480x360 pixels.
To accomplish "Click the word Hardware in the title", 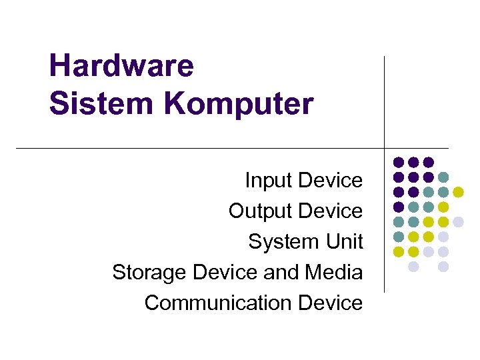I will coord(121,66).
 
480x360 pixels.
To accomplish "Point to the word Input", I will coord(269,180).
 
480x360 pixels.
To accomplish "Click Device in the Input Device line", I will coord(331,180).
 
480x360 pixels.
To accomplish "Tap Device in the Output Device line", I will coord(331,211).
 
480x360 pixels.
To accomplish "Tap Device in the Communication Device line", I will coord(331,303).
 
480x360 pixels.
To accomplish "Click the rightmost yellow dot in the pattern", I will coord(459,192).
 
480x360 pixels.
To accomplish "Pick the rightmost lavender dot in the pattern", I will coord(459,221).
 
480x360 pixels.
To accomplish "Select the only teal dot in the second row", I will coord(443,177).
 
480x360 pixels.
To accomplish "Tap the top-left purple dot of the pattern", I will coord(399,162).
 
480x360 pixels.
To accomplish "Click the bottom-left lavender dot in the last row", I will coord(413,266).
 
